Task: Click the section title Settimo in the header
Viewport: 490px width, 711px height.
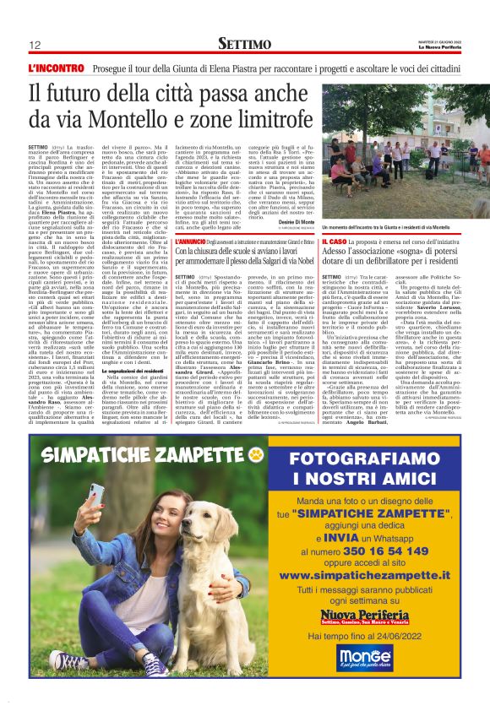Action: pyautogui.click(x=245, y=43)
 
